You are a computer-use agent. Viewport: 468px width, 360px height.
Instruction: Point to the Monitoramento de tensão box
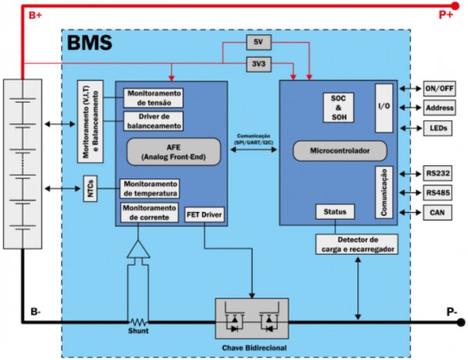[x=153, y=97]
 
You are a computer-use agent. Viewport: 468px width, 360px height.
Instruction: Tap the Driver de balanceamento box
[x=153, y=121]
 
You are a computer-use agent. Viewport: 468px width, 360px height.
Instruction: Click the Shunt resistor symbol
[x=139, y=320]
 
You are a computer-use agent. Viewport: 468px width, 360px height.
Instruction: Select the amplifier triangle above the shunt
[x=139, y=250]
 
